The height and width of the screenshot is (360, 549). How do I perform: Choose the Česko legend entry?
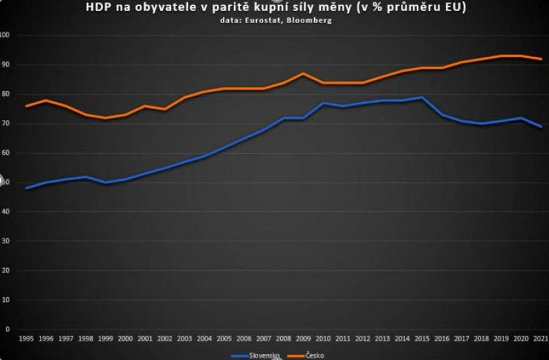(x=314, y=355)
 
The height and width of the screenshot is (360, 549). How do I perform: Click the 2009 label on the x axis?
(x=303, y=339)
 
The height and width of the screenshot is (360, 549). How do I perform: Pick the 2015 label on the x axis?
(x=422, y=339)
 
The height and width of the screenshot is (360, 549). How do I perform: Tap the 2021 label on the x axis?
(x=541, y=339)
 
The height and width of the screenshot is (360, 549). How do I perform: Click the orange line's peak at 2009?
(x=303, y=73)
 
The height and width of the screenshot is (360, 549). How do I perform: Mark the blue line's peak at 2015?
(x=422, y=97)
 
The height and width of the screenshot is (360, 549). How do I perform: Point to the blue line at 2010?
(x=323, y=103)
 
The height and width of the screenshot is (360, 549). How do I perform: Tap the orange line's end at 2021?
(x=541, y=59)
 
